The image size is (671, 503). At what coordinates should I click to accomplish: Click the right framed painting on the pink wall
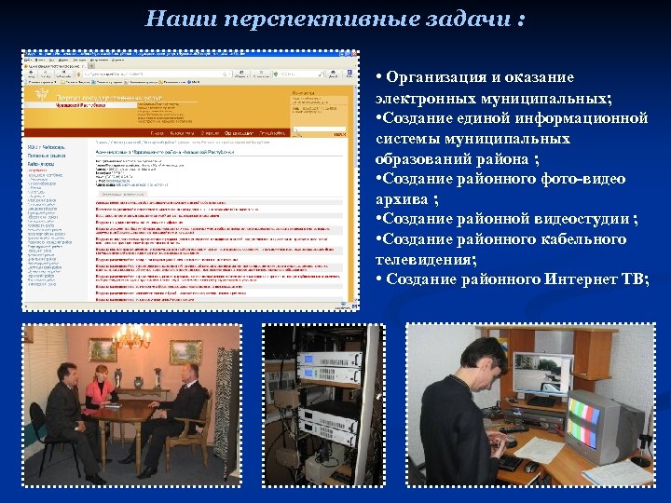pyautogui.click(x=185, y=350)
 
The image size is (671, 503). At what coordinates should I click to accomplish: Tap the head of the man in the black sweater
pyautogui.click(x=484, y=360)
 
